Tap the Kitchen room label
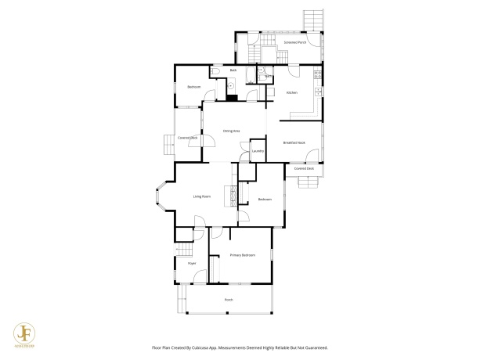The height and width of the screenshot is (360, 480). coord(292,93)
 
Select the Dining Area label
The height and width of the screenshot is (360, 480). coord(231,131)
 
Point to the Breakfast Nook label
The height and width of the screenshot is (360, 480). coord(294,142)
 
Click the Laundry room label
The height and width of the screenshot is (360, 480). coord(258,151)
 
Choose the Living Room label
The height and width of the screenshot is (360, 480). coord(202,196)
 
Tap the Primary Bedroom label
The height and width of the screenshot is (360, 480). coord(243,256)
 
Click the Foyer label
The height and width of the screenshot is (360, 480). coord(191,264)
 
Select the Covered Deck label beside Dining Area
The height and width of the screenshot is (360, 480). coord(187,138)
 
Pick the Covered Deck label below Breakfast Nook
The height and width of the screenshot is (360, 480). coord(304,168)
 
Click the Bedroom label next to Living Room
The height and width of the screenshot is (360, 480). coord(265,200)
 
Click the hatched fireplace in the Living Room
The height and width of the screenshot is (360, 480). coord(231,196)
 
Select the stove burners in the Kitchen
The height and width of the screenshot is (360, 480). coord(317,76)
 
